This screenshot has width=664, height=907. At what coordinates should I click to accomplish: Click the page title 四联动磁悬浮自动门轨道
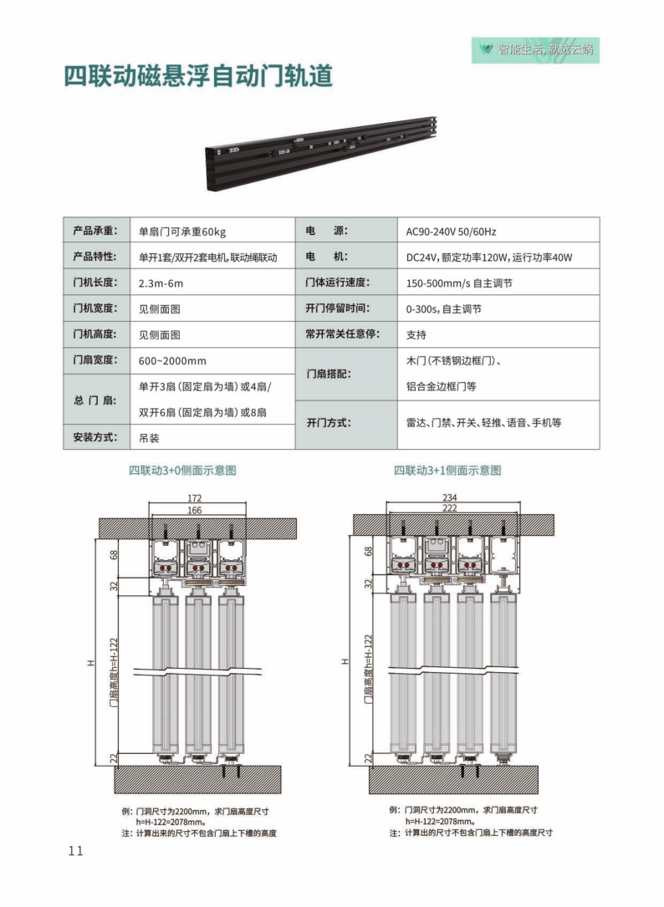(x=198, y=76)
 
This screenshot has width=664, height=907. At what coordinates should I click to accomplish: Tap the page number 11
(x=76, y=850)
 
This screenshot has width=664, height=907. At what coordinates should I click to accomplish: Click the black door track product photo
(x=321, y=153)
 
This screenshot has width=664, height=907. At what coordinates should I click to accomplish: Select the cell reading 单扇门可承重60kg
(x=212, y=231)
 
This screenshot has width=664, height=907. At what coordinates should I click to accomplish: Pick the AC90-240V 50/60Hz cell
(x=498, y=231)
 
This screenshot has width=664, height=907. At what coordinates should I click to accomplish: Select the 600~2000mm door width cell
(x=212, y=360)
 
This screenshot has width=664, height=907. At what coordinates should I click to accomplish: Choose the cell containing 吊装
(x=212, y=437)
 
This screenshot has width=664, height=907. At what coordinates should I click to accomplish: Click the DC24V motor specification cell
(x=498, y=257)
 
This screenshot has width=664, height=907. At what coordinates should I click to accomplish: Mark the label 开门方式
(x=329, y=422)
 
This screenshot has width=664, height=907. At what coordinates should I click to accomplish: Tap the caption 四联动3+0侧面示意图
(x=182, y=471)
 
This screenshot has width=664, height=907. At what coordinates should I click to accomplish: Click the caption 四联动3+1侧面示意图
(x=447, y=471)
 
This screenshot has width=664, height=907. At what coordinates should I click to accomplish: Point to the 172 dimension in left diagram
(x=195, y=498)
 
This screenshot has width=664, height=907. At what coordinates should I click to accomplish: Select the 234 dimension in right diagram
(x=450, y=497)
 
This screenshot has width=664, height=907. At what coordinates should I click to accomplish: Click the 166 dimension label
(x=195, y=510)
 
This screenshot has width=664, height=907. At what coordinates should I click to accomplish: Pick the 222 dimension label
(x=450, y=508)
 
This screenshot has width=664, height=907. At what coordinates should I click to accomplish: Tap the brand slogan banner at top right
(x=535, y=50)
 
